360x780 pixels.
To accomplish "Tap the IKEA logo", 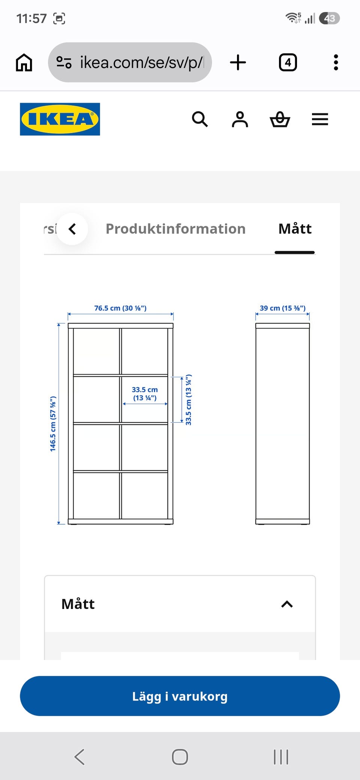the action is coord(60,119).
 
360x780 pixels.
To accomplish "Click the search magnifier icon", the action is coord(200,119).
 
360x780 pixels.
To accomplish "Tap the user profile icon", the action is coord(240,119).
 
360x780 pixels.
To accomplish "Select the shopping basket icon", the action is coord(280,119).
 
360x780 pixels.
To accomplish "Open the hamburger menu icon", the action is coord(320,119).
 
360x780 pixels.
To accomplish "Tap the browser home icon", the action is coord(24,62).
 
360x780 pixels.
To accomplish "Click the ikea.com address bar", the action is coord(130,62).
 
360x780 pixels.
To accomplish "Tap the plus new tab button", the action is coord(238,62).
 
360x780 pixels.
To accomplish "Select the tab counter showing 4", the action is coord(288,62).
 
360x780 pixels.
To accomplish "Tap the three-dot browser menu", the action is coord(336,62).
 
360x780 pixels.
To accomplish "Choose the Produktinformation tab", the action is coord(175,229).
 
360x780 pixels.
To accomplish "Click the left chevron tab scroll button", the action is coord(72,229).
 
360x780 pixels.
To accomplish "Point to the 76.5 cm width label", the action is coord(120,308).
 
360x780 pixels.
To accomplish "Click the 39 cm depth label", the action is coord(283,308).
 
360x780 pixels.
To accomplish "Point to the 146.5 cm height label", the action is coord(53,424).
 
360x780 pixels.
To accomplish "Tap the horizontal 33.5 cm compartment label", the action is coord(145,394).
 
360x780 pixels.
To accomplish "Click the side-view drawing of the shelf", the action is coord(283,424).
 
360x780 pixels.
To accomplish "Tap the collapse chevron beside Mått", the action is coord(287,604).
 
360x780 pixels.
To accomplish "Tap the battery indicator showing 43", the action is coord(329,18).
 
